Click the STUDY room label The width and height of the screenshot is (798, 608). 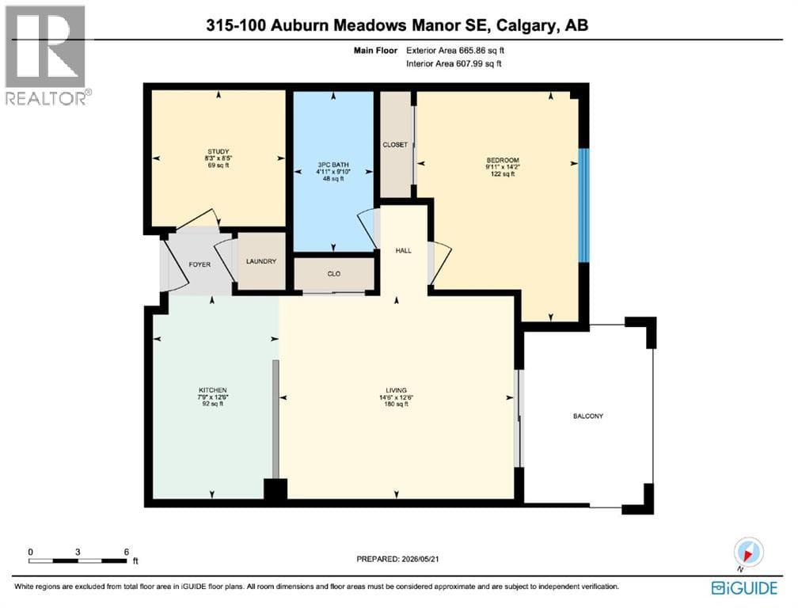218,152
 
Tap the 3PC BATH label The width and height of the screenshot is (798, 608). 333,165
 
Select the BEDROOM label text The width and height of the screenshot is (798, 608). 503,160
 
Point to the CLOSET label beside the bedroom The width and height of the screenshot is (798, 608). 395,145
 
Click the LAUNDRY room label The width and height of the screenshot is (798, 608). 261,261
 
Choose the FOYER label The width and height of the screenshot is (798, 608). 199,264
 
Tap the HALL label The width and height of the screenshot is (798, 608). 404,250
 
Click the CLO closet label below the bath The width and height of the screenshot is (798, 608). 334,274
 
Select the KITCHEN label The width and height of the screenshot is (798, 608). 213,390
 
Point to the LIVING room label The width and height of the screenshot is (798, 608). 397,390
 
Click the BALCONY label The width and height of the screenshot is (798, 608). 587,416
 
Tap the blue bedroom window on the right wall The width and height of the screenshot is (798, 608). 584,205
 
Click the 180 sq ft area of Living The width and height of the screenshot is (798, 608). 397,404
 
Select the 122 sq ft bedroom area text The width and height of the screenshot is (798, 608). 503,174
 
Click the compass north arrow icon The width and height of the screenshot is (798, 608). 749,552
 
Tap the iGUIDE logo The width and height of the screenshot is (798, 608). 744,588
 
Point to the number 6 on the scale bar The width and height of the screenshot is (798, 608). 126,552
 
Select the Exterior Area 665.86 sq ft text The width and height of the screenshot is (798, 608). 455,51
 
